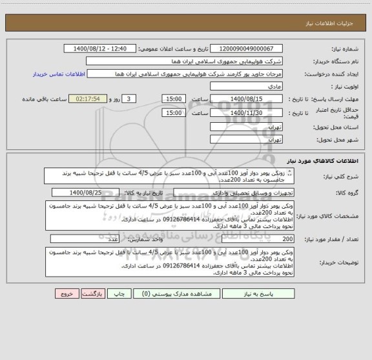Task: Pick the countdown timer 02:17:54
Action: (x=90, y=98)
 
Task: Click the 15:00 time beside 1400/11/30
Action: (x=174, y=112)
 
